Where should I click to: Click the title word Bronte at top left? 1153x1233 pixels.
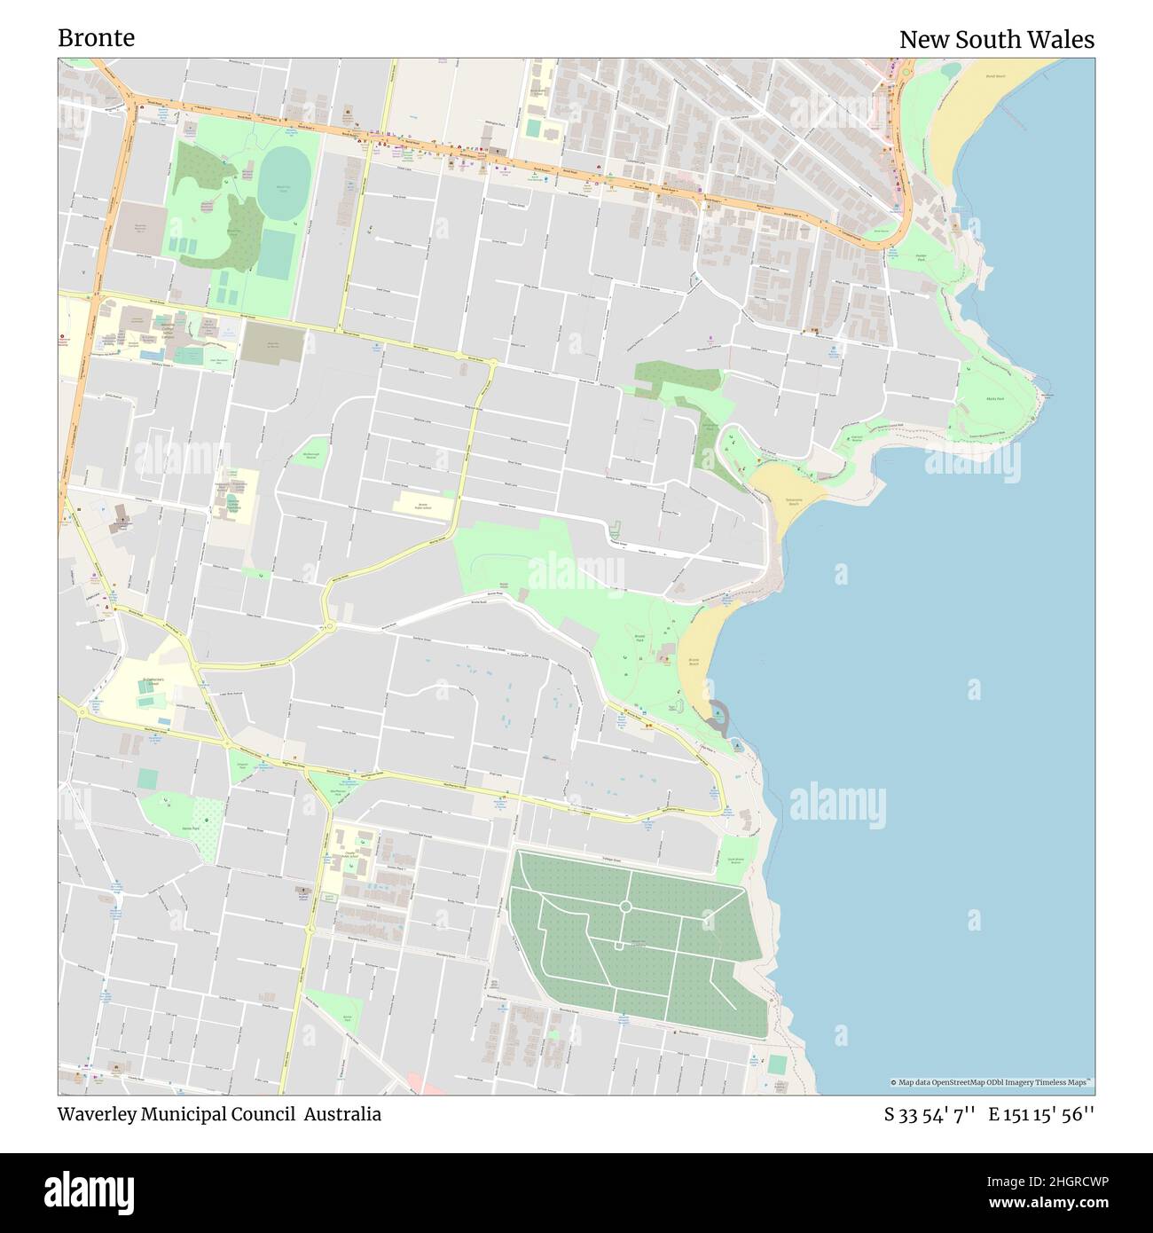click(96, 38)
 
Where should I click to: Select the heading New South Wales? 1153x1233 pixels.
click(996, 40)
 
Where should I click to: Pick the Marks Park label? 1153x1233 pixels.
click(995, 399)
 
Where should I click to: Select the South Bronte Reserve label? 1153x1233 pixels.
click(735, 860)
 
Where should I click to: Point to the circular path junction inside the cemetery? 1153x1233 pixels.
click(624, 906)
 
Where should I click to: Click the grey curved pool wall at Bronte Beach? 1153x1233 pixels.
click(718, 714)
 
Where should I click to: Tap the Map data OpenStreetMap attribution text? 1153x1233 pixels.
click(992, 1082)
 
